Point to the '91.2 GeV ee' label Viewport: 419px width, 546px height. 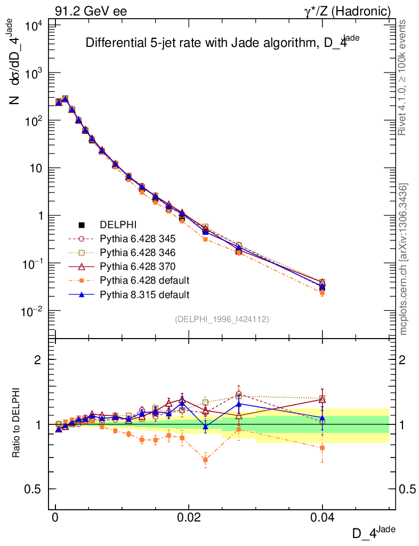(x=91, y=11)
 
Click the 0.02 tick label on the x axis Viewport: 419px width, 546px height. (x=189, y=518)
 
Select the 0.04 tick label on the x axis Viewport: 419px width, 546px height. (x=322, y=518)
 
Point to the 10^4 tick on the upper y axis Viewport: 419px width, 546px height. (x=32, y=26)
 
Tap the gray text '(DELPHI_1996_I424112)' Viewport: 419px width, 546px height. (x=221, y=319)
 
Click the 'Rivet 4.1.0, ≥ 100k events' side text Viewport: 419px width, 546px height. (x=403, y=77)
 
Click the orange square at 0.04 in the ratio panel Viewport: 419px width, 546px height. (x=322, y=448)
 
